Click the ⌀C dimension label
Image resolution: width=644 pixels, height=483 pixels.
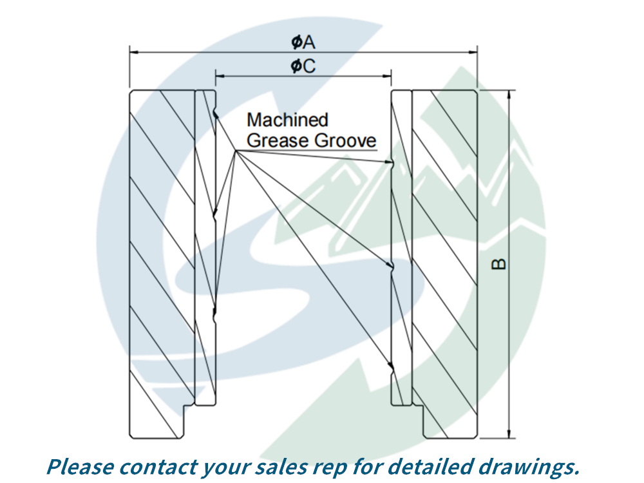(x=303, y=66)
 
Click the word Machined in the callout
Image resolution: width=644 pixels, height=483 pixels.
(x=287, y=120)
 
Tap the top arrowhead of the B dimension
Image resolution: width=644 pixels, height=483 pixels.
(x=509, y=93)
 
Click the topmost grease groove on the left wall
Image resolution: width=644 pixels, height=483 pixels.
(x=215, y=114)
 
